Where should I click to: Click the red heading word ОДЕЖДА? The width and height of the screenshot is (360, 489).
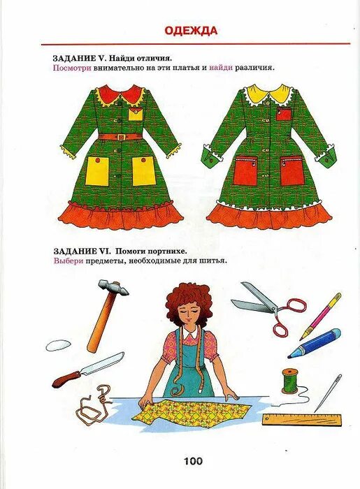(x=191, y=30)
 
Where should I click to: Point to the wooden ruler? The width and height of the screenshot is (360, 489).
(x=301, y=420)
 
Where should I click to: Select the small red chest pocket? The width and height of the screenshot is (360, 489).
(x=283, y=114)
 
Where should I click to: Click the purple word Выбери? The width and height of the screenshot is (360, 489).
(x=69, y=261)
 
